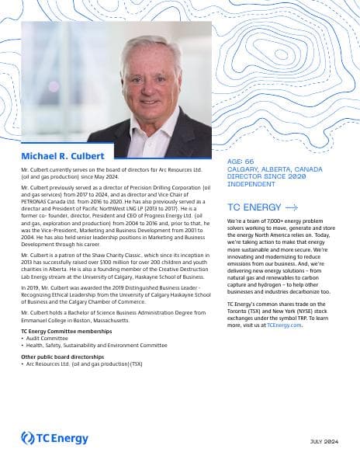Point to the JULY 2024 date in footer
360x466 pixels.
click(x=324, y=442)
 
